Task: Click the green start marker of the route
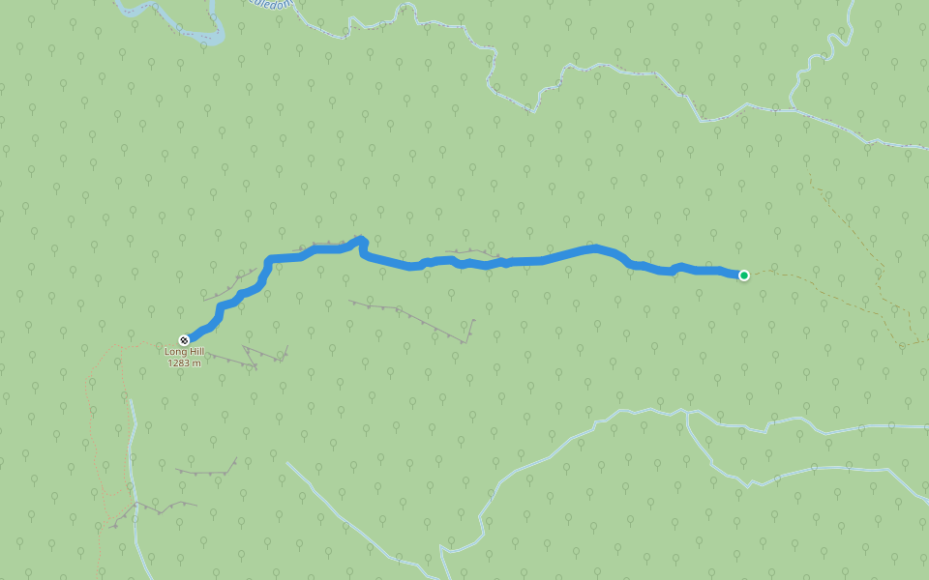[744, 275]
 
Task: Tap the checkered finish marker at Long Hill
[184, 339]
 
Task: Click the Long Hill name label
[183, 352]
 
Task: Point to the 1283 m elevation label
[183, 363]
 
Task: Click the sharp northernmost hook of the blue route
[361, 239]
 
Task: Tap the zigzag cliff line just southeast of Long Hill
[254, 358]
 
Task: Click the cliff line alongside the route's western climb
[232, 285]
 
